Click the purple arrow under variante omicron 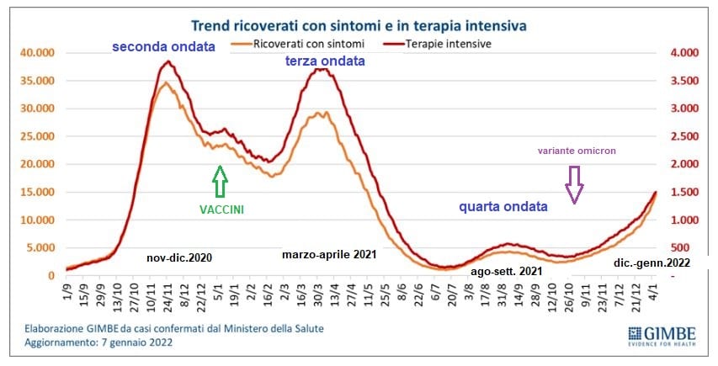click(574, 184)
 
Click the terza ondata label click(323, 61)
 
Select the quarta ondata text click(503, 206)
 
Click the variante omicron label click(578, 151)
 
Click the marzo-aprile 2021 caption click(328, 252)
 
